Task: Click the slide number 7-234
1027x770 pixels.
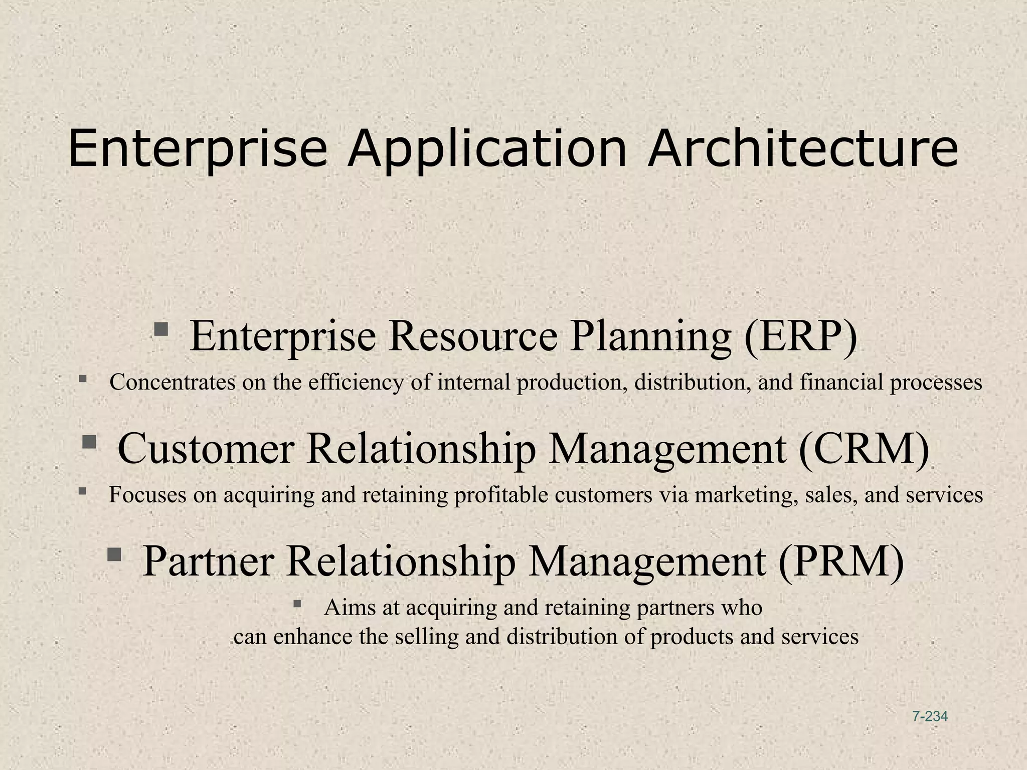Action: click(x=930, y=716)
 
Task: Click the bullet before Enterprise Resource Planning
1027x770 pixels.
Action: click(x=161, y=329)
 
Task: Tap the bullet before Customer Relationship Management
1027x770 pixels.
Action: click(x=89, y=442)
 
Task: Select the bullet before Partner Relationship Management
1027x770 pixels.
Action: click(x=114, y=554)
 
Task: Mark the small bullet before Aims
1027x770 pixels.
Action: click(x=297, y=603)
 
